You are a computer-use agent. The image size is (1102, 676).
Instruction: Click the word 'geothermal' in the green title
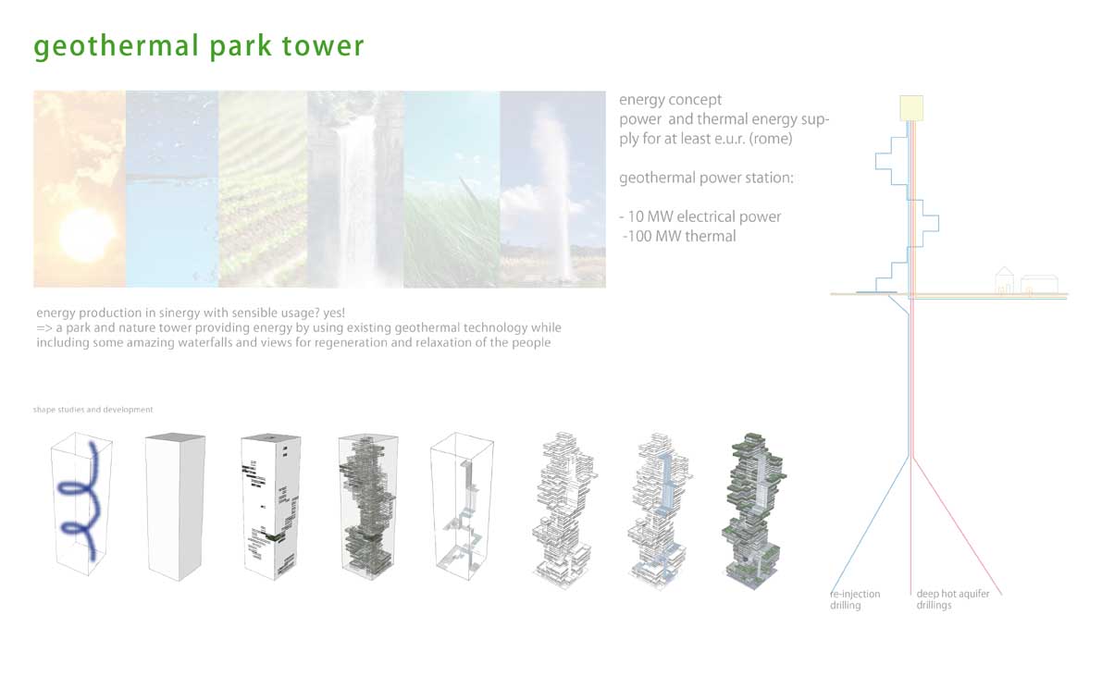pyautogui.click(x=117, y=46)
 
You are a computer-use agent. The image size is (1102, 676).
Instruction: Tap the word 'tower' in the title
pyautogui.click(x=323, y=45)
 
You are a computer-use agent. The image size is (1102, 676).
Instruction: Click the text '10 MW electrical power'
pyautogui.click(x=704, y=216)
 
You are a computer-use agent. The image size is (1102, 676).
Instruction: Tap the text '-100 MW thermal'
pyautogui.click(x=680, y=236)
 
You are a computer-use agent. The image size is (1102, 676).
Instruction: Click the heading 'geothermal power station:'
pyautogui.click(x=706, y=178)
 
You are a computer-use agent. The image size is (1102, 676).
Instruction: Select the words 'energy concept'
pyautogui.click(x=671, y=100)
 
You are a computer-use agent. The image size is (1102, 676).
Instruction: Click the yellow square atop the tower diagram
pyautogui.click(x=911, y=108)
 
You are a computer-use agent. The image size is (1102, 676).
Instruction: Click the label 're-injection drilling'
pyautogui.click(x=855, y=599)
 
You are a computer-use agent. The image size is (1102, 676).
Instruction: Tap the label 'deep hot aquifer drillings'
pyautogui.click(x=952, y=599)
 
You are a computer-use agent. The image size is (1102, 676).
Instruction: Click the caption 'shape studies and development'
pyautogui.click(x=93, y=410)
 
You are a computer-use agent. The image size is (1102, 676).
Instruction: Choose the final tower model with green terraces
pyautogui.click(x=754, y=510)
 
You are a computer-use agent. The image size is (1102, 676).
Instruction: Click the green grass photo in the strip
pyautogui.click(x=452, y=189)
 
